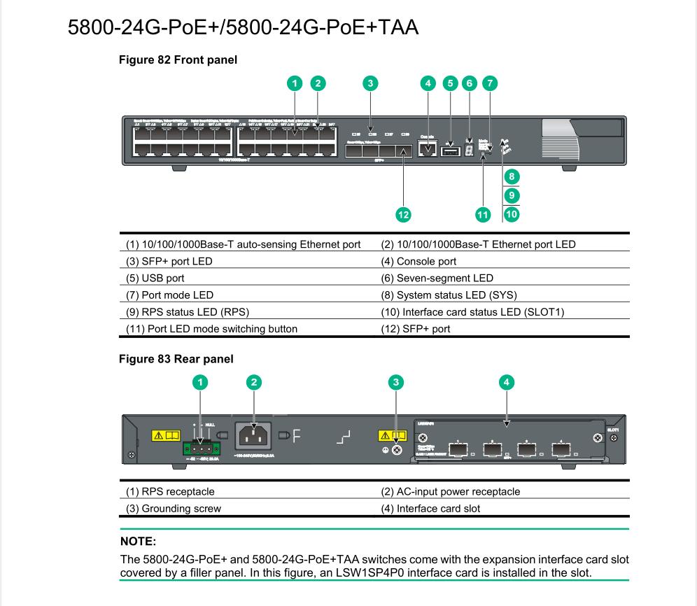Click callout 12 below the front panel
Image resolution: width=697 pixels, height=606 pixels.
click(x=403, y=214)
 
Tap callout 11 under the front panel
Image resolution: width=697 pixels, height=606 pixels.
click(x=483, y=214)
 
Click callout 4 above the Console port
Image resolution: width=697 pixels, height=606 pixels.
click(x=427, y=83)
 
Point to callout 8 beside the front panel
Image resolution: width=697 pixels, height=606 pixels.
click(x=512, y=176)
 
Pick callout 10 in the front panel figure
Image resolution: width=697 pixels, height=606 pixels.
click(x=512, y=214)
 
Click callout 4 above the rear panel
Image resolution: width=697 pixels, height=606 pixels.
click(x=507, y=382)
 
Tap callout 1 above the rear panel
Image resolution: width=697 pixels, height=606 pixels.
click(x=200, y=382)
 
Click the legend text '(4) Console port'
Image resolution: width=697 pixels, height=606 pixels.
click(x=418, y=262)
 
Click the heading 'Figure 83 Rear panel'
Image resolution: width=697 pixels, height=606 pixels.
click(x=176, y=359)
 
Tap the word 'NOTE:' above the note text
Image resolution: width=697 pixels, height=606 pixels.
click(x=139, y=542)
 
